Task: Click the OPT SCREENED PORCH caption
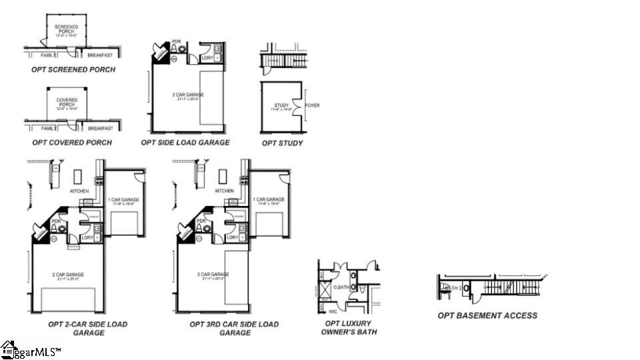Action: (x=73, y=69)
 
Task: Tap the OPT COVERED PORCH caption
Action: (x=71, y=143)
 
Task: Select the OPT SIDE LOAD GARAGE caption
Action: (x=185, y=143)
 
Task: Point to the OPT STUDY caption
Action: (x=282, y=143)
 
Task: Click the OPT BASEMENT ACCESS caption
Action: (x=487, y=315)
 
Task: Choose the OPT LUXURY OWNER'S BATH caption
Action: (x=349, y=327)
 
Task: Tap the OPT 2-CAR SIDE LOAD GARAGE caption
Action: (x=88, y=328)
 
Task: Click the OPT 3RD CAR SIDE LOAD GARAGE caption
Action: (x=233, y=328)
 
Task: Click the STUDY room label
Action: (x=281, y=105)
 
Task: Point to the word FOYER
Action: (x=312, y=105)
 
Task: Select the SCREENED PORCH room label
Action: (x=66, y=29)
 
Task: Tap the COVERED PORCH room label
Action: (x=67, y=102)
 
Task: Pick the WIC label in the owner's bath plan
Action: (x=333, y=311)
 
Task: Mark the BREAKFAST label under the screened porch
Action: (x=100, y=55)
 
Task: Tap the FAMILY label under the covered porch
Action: (x=48, y=128)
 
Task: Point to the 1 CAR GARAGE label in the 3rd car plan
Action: (x=269, y=199)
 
